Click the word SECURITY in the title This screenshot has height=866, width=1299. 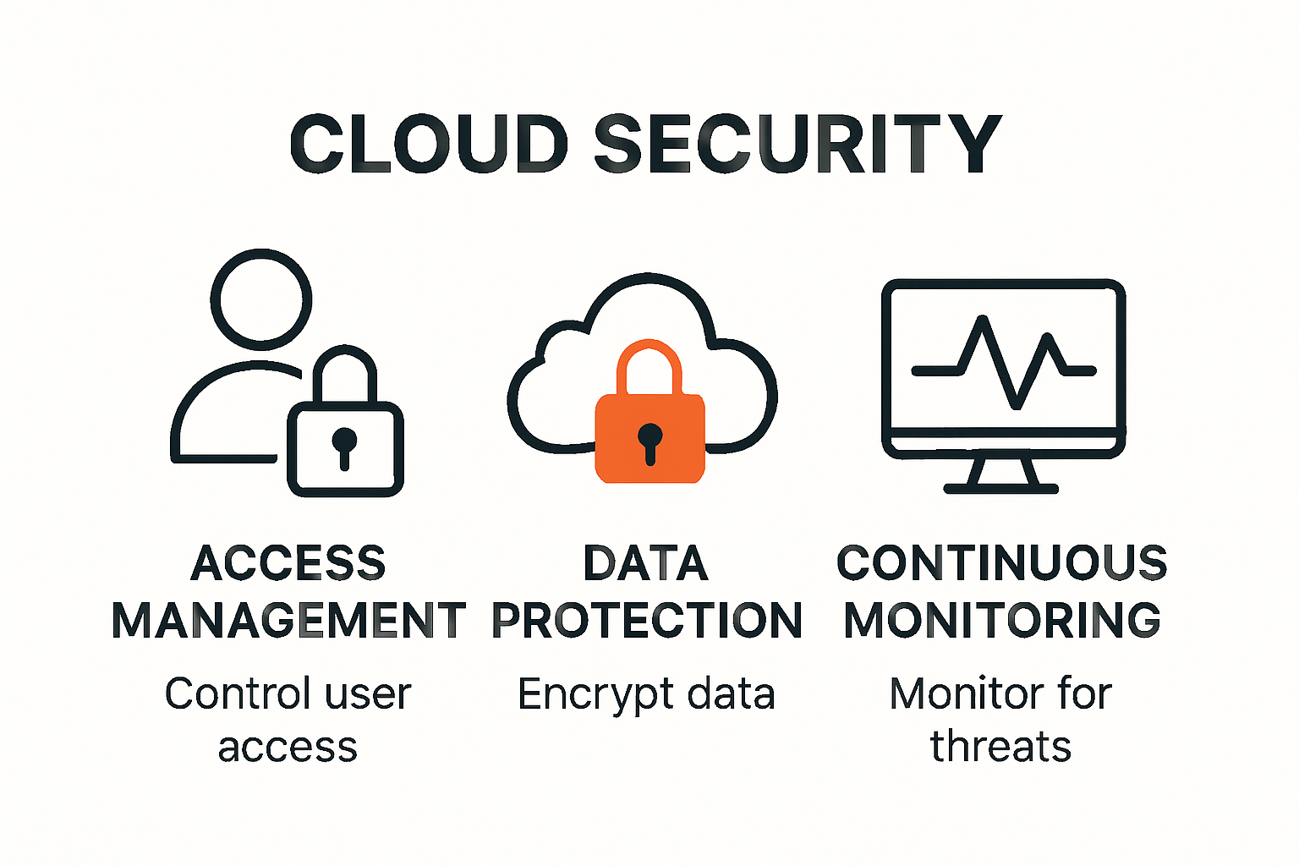click(797, 144)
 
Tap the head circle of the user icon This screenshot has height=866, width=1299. click(261, 299)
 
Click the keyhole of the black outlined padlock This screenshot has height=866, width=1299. click(344, 444)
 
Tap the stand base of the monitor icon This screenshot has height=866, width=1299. click(1001, 488)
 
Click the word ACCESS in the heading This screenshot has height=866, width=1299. click(288, 563)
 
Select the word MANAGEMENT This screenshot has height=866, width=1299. click(288, 621)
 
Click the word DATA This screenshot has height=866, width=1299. click(646, 563)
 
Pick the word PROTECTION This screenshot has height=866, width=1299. click(647, 621)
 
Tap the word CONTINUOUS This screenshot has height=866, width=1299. click(1002, 563)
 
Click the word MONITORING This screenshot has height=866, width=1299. click(1002, 621)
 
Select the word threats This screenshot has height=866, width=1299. click(1001, 747)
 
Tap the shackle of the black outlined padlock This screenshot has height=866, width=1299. click(345, 372)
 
